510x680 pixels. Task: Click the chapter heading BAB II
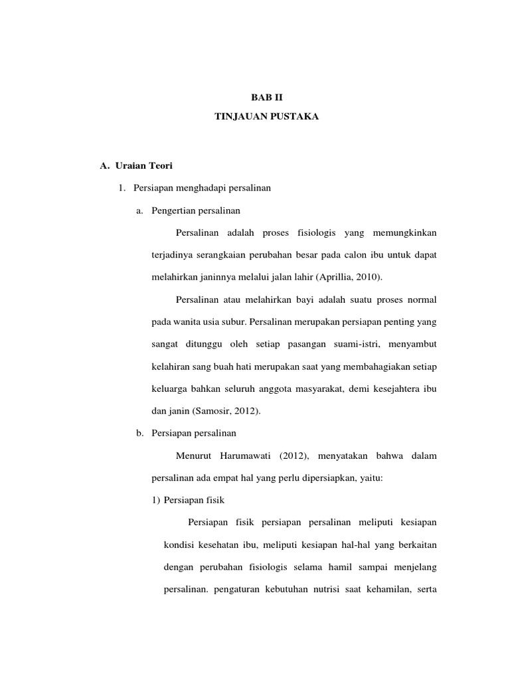coord(254,96)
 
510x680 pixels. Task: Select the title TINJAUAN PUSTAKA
coord(254,117)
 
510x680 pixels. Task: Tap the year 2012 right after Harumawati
coord(291,456)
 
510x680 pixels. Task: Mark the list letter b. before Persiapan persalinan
coord(139,433)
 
